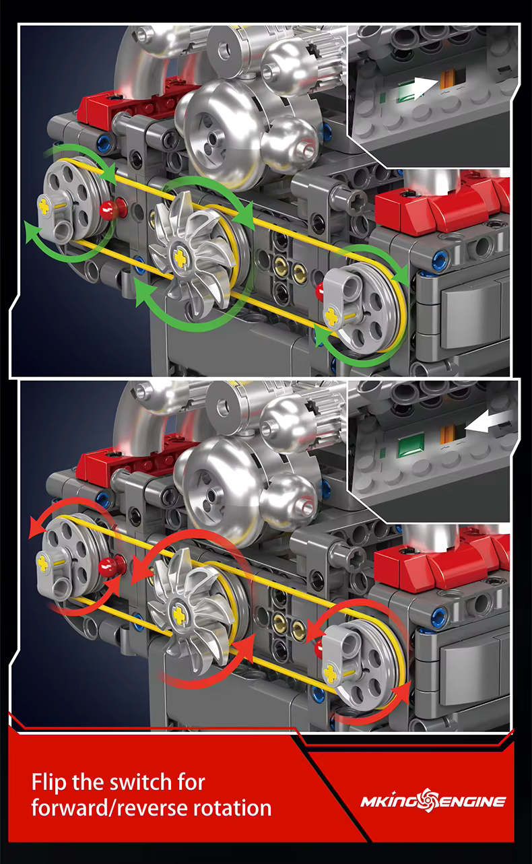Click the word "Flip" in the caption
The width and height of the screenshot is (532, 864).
[x=49, y=783]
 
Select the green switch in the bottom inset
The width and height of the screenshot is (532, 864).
[x=411, y=445]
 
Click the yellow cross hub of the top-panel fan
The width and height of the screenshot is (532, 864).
[x=180, y=258]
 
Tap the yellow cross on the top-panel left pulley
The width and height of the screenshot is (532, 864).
[x=44, y=207]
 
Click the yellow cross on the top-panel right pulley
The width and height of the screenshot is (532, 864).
[x=332, y=316]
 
